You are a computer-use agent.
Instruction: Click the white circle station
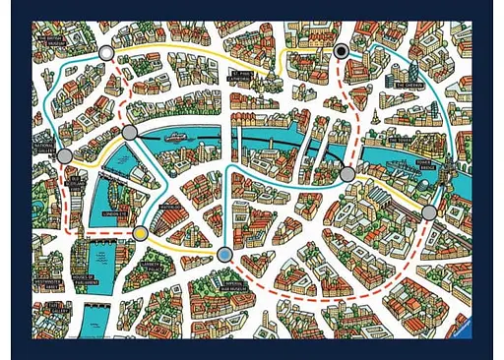pyautogui.click(x=106, y=52)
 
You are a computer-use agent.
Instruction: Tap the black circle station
pyautogui.click(x=342, y=51)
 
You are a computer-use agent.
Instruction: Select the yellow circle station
pyautogui.click(x=142, y=233)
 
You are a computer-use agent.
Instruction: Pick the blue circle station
pyautogui.click(x=224, y=255)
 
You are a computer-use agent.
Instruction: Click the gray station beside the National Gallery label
pyautogui.click(x=65, y=155)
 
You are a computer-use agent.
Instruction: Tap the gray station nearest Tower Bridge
pyautogui.click(x=429, y=211)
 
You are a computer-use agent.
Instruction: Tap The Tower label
pyautogui.click(x=403, y=140)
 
